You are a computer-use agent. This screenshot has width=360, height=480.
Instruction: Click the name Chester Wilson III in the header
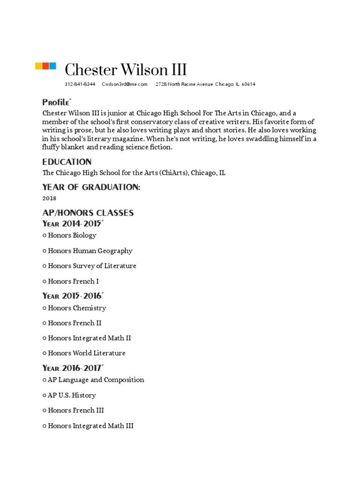(x=126, y=70)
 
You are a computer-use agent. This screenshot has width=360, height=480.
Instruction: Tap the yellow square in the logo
(x=39, y=66)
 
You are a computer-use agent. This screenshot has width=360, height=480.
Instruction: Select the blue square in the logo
(x=52, y=66)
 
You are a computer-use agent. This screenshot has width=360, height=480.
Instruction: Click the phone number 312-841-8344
(x=80, y=84)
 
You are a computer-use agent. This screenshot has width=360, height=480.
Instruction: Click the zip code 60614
(x=248, y=84)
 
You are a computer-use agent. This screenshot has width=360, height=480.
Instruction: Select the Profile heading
(x=56, y=102)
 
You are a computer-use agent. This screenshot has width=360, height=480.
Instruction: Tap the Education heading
(x=67, y=162)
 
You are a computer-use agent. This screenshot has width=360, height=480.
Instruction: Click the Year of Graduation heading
(x=91, y=187)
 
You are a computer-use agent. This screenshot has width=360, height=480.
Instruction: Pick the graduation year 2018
(x=49, y=198)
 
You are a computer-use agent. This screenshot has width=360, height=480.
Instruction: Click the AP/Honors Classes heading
(x=88, y=213)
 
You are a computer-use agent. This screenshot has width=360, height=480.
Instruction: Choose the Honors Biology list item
(x=72, y=235)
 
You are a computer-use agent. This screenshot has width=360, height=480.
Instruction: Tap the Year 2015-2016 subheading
(x=73, y=296)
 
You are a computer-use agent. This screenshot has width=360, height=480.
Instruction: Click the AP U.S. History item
(x=72, y=395)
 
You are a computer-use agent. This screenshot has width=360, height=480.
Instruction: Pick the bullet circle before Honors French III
(x=44, y=411)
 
